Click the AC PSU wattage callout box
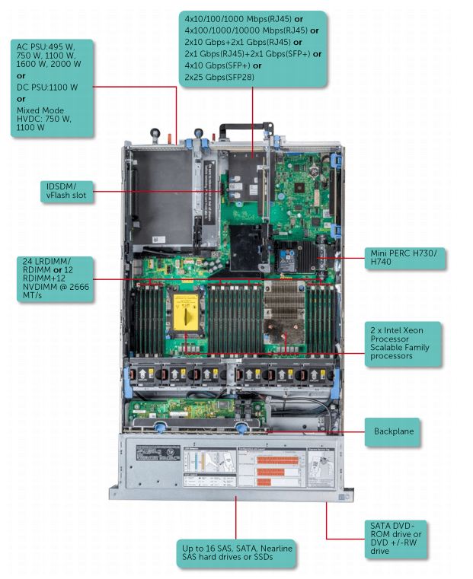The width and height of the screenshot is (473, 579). point(53,88)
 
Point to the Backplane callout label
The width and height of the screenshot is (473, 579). point(394,431)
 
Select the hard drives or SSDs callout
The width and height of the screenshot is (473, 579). point(237,553)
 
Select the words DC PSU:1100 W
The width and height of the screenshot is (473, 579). point(47,87)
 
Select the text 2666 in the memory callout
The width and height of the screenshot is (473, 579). point(78,287)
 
